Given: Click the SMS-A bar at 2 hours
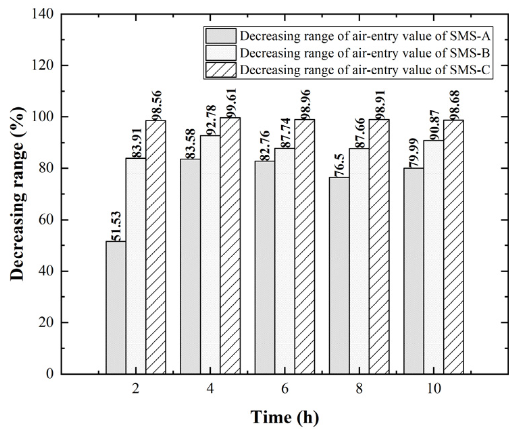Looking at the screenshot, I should click(x=116, y=307).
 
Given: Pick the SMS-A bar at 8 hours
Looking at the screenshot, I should click(x=339, y=275).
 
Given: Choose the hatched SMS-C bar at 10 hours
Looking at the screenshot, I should click(x=453, y=247).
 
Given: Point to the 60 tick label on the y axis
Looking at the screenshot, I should click(x=47, y=220).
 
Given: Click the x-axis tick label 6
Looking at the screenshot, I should click(x=285, y=389).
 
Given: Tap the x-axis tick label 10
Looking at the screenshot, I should click(x=433, y=389).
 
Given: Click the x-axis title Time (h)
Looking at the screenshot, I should click(x=284, y=417).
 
